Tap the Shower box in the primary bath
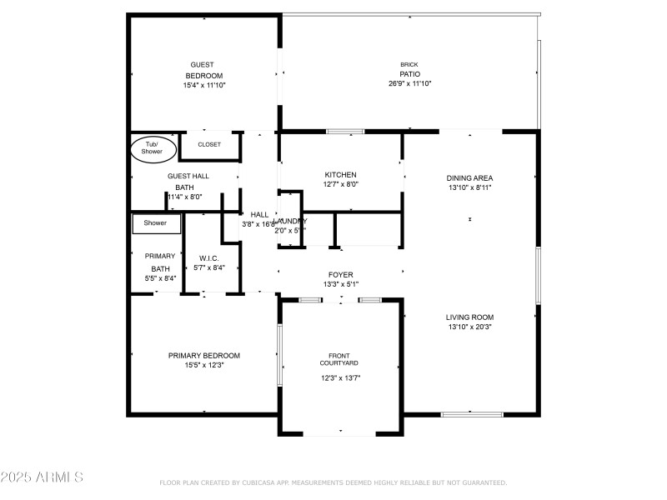click(x=156, y=223)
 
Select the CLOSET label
click(x=209, y=144)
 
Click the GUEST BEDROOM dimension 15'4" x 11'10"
click(x=204, y=85)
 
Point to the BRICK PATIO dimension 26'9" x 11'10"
click(x=409, y=83)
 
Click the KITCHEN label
click(x=340, y=175)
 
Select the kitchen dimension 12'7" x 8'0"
click(x=340, y=185)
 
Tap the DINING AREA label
click(x=470, y=177)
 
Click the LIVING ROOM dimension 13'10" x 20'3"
click(x=470, y=327)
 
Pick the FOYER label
click(x=340, y=275)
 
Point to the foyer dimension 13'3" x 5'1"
click(x=340, y=285)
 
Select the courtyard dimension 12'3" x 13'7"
click(x=340, y=377)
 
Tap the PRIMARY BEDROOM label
click(x=204, y=355)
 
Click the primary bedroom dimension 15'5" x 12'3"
click(x=204, y=365)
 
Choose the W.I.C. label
click(x=208, y=257)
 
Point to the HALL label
click(x=259, y=214)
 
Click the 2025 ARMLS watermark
click(x=42, y=477)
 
